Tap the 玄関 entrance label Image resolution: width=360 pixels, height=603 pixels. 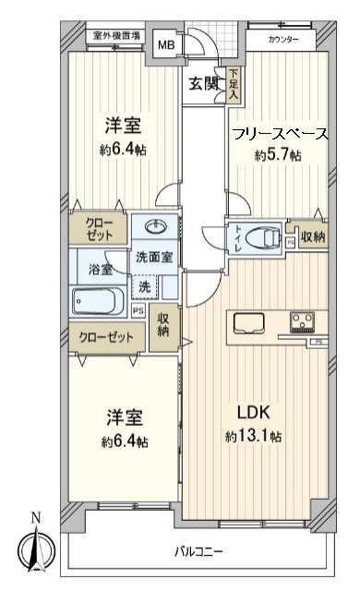pyautogui.click(x=204, y=83)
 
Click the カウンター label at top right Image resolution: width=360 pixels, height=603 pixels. pyautogui.click(x=283, y=39)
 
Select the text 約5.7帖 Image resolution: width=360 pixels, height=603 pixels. pyautogui.click(x=278, y=155)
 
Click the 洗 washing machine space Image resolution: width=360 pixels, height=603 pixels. pyautogui.click(x=146, y=288)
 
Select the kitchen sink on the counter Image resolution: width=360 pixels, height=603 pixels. pyautogui.click(x=249, y=323)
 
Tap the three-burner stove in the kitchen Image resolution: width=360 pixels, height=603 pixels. pyautogui.click(x=303, y=323)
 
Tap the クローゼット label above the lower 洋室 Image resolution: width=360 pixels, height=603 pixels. pyautogui.click(x=104, y=338)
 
